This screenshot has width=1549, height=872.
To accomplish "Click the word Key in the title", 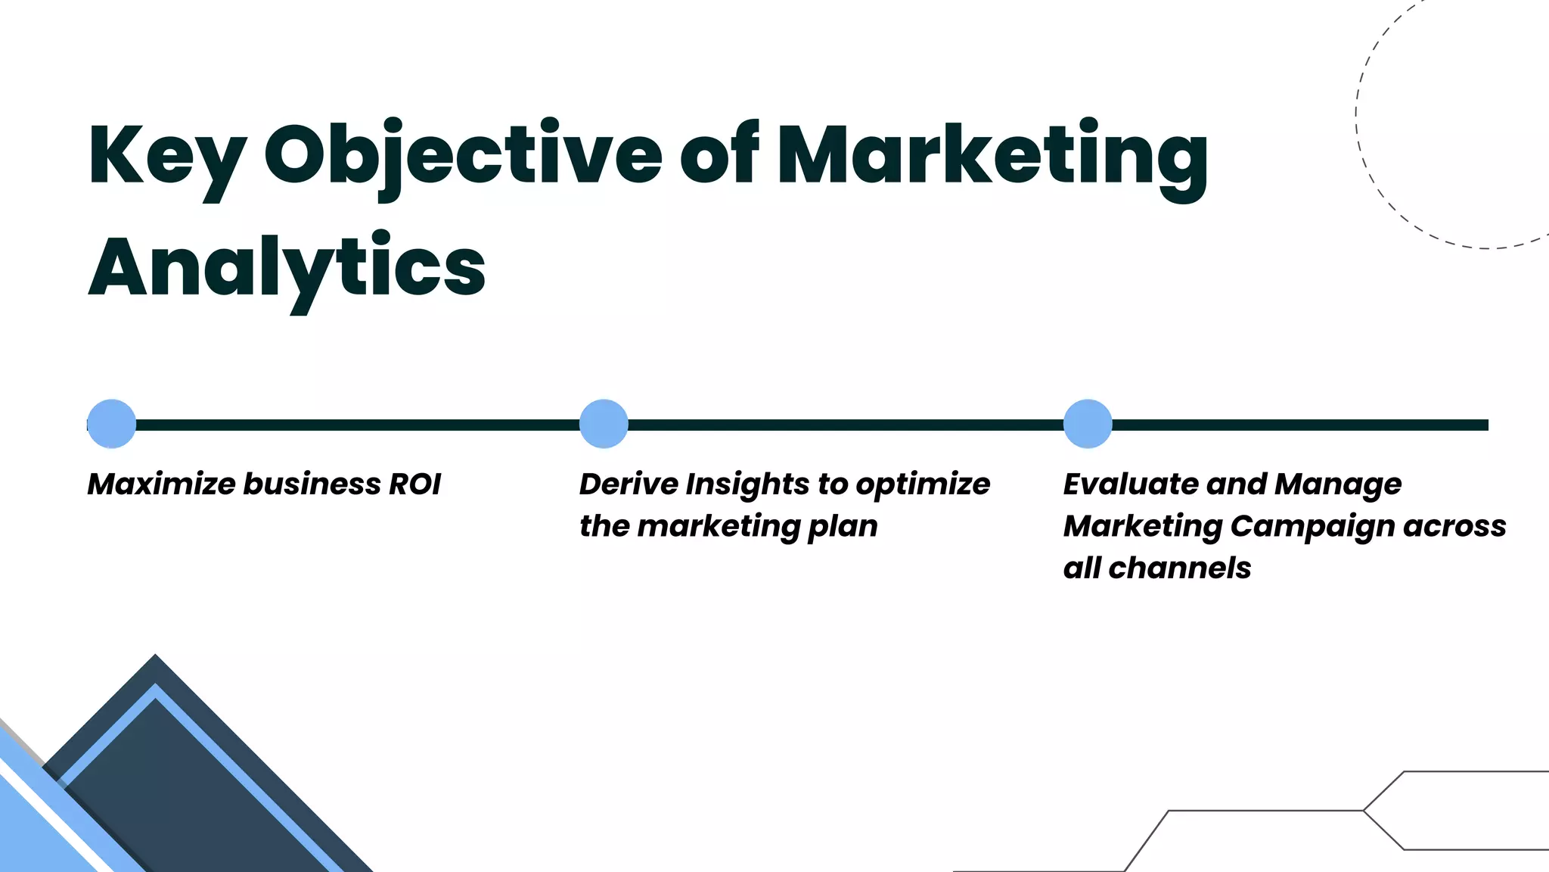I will (x=167, y=155).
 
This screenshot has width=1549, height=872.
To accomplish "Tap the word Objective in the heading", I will (x=463, y=155).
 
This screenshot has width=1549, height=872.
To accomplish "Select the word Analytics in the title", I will (x=287, y=267).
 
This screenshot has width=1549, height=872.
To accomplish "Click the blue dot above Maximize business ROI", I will (x=112, y=424).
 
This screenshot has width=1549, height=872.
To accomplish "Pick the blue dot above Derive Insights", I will (x=604, y=424).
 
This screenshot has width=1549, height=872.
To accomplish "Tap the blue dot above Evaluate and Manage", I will (x=1088, y=424).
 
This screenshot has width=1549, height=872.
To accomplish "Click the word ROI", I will (x=414, y=484).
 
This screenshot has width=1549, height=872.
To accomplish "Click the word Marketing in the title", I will (x=992, y=155).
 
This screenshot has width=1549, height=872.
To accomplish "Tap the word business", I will (x=312, y=484).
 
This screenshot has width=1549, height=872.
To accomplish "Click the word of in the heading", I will (x=719, y=155).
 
